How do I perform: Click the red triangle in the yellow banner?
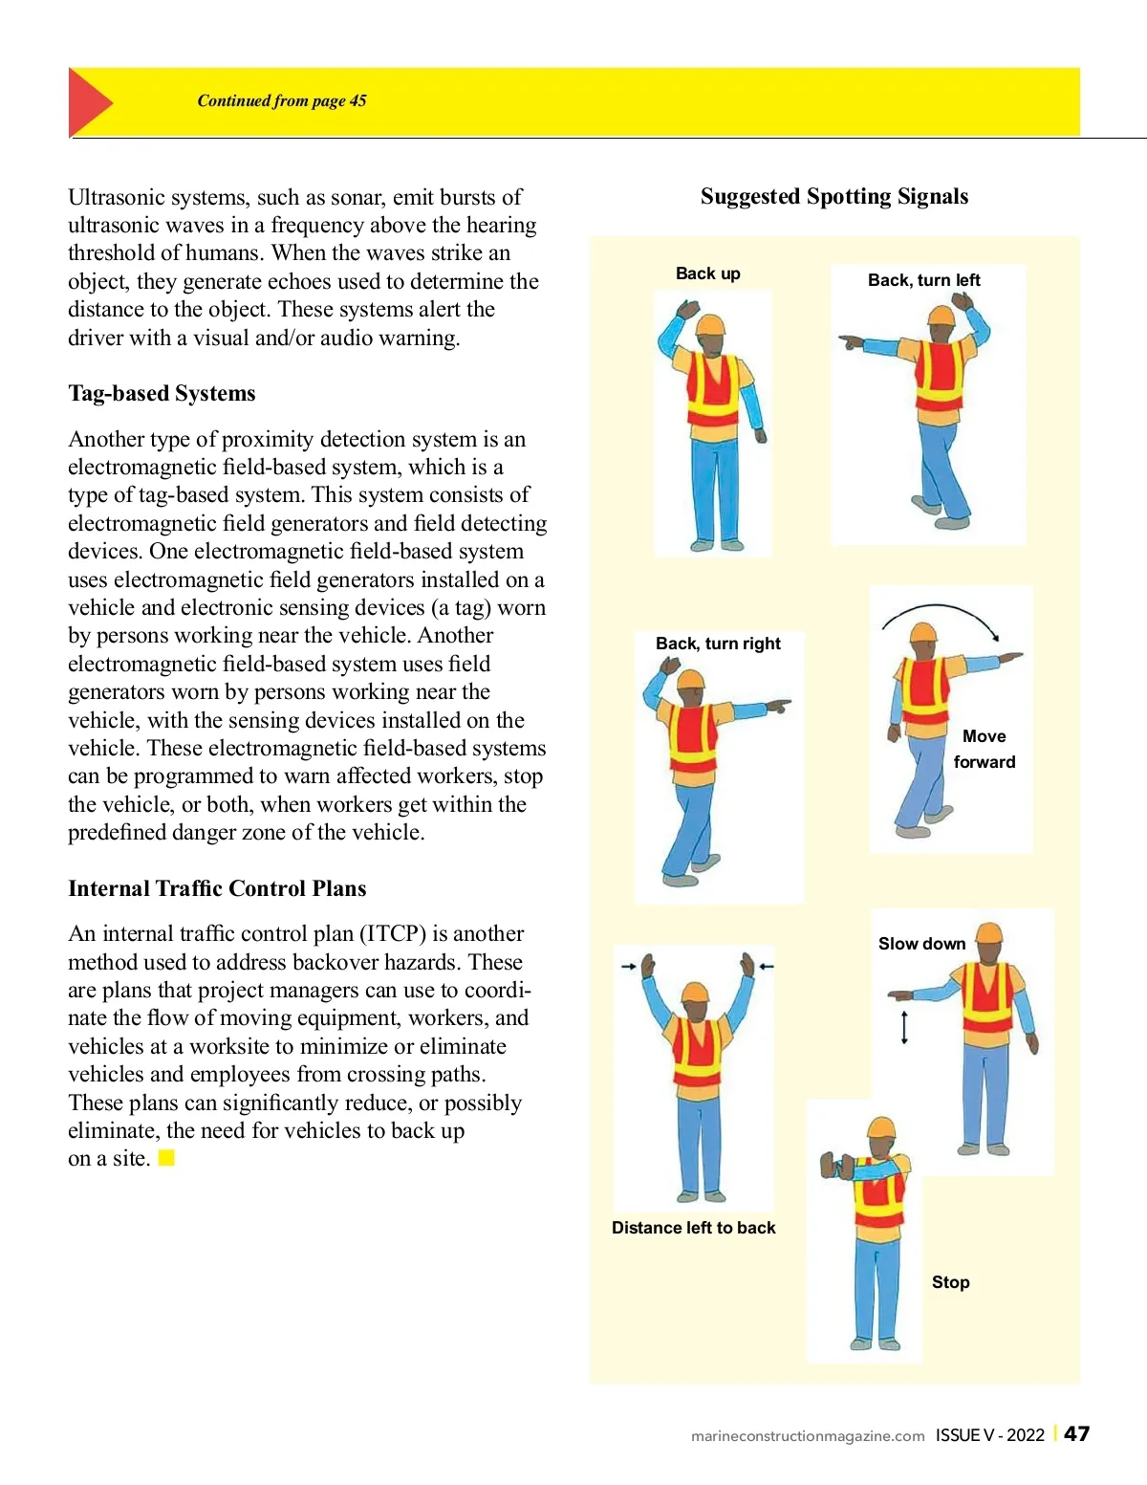[89, 102]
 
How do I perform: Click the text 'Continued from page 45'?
[282, 100]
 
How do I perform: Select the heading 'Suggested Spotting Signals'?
[833, 196]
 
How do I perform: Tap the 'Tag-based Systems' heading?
[162, 393]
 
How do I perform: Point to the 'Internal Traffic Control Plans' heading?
[217, 888]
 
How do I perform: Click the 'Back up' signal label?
[707, 273]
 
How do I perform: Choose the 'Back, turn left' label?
[923, 280]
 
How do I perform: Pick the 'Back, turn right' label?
[718, 644]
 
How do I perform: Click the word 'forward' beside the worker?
[984, 762]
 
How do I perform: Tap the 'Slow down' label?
[921, 944]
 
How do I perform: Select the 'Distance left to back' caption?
[693, 1228]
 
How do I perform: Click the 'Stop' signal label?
[950, 1282]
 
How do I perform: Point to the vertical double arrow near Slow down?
[904, 1026]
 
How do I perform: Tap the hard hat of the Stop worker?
[880, 1128]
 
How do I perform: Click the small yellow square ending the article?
[166, 1158]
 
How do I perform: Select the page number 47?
[1076, 1434]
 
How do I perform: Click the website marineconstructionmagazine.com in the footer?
[808, 1436]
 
